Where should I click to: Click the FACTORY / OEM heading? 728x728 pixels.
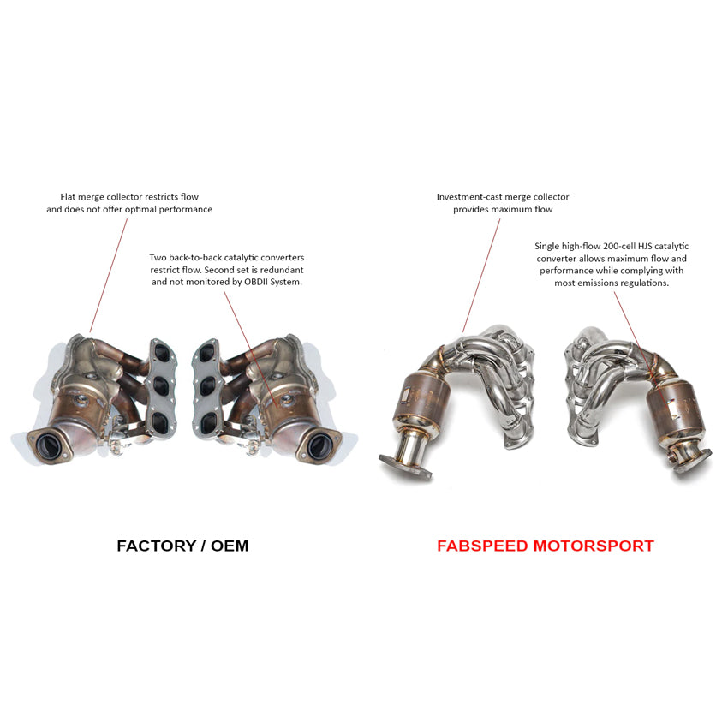click(182, 546)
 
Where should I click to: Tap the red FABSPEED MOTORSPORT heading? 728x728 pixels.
click(546, 546)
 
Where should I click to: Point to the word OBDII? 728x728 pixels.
click(257, 282)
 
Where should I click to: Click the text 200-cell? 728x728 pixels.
click(619, 246)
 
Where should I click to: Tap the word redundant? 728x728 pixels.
click(282, 270)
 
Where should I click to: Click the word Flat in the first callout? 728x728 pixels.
click(68, 197)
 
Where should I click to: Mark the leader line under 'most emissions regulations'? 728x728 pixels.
click(643, 353)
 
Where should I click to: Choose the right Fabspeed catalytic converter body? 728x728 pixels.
click(676, 405)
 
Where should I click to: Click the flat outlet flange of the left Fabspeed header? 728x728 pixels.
click(405, 468)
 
